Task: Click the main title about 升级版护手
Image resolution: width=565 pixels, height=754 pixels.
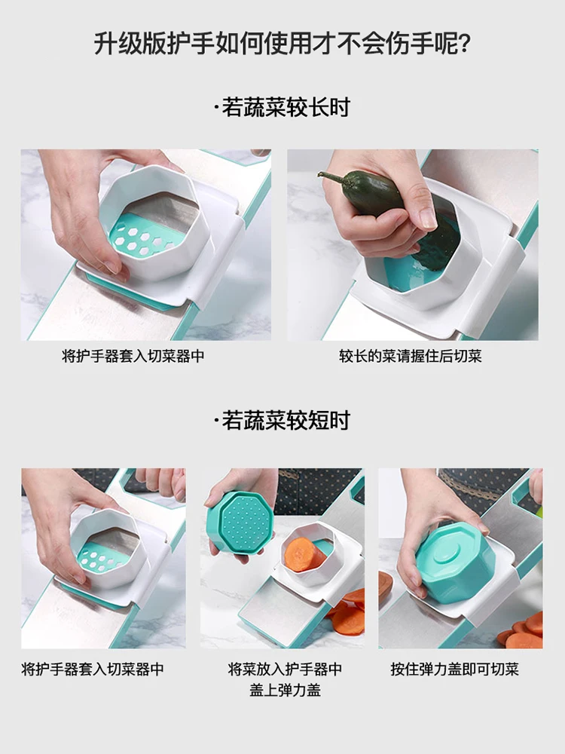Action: coord(282,44)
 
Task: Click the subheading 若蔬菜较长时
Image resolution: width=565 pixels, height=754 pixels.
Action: coord(286,107)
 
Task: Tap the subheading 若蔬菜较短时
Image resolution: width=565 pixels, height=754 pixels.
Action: coord(286,420)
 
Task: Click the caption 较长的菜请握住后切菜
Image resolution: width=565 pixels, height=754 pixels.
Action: coord(411,356)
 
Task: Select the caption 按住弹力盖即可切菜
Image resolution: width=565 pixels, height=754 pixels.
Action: coord(454,669)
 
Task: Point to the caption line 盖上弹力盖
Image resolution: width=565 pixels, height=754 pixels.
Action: coord(285,690)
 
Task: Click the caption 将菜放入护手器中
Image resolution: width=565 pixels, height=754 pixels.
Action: coord(285,669)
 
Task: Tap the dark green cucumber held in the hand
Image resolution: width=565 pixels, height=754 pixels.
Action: coord(384,207)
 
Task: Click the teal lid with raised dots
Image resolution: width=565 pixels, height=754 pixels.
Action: coord(240,522)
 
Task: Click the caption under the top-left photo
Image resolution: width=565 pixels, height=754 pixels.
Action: coord(133,356)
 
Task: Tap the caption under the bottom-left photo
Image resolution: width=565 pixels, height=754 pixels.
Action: coord(93,669)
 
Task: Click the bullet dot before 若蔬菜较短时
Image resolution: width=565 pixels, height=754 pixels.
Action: coord(217,421)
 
